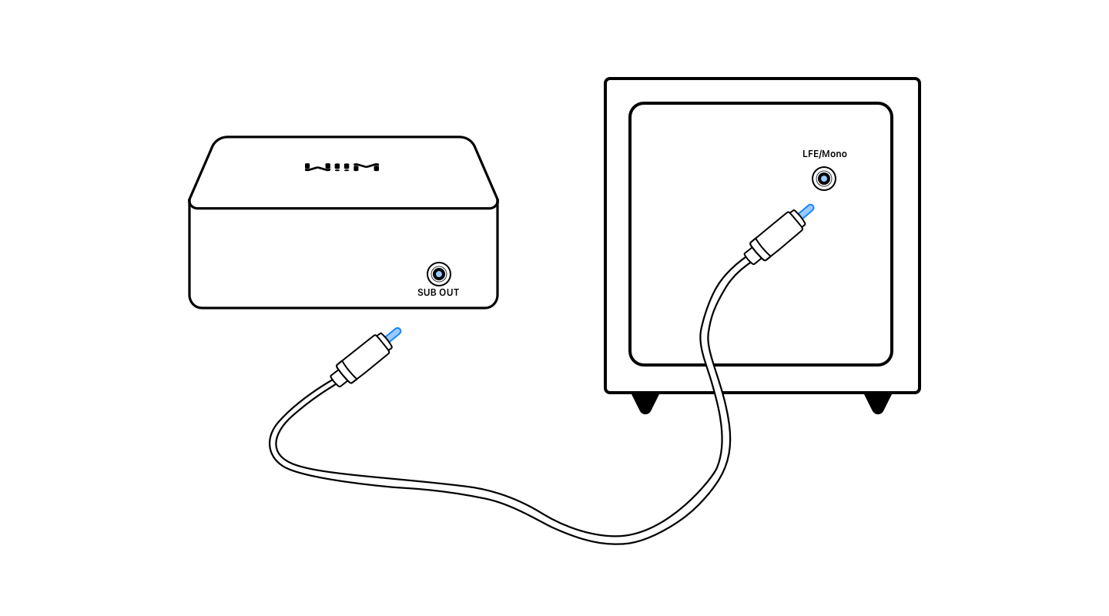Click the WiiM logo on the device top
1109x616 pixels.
click(342, 167)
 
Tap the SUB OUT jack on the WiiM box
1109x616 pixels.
click(439, 274)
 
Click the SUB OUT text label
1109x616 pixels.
click(438, 293)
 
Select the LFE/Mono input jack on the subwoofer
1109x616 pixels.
click(824, 179)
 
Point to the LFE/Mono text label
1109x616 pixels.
click(824, 154)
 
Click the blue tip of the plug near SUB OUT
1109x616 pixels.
click(394, 334)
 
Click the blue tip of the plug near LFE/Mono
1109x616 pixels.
click(806, 210)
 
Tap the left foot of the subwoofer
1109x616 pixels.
click(645, 403)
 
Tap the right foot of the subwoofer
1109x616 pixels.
click(877, 403)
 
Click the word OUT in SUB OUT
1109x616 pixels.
click(449, 293)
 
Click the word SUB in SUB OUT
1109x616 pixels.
click(427, 293)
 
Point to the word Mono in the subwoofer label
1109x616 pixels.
click(834, 154)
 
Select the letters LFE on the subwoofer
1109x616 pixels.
click(810, 154)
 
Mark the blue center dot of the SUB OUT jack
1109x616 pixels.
click(439, 274)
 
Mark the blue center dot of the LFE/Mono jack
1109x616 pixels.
click(824, 179)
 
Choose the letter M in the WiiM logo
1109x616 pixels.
click(370, 167)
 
